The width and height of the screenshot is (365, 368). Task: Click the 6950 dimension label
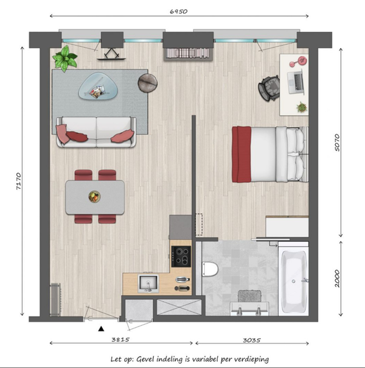[x=178, y=12]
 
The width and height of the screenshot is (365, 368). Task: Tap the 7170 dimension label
[x=19, y=181]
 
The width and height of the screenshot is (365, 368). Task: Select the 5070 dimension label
[x=337, y=143]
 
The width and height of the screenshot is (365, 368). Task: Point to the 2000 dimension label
[x=337, y=278]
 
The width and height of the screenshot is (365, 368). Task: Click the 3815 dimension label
[x=120, y=339]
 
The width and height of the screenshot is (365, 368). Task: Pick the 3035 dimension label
[x=252, y=340]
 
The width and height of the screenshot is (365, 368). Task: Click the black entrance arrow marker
[x=101, y=329]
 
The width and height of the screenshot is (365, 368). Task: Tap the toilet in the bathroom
[x=210, y=269]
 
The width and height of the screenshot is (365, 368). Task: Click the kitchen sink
[x=148, y=283]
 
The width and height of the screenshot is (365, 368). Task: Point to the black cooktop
[x=181, y=257]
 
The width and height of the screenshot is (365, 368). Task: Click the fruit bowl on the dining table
[x=95, y=196]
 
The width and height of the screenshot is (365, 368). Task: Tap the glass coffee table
[x=98, y=86]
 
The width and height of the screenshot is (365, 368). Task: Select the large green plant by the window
[x=65, y=58]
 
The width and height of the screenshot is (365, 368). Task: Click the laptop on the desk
[x=296, y=82]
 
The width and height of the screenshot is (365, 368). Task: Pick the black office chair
[x=269, y=88]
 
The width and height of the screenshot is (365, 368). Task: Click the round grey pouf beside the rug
[x=147, y=83]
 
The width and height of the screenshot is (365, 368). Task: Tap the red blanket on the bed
[x=242, y=154]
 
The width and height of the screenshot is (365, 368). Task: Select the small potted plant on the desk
[x=302, y=107]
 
